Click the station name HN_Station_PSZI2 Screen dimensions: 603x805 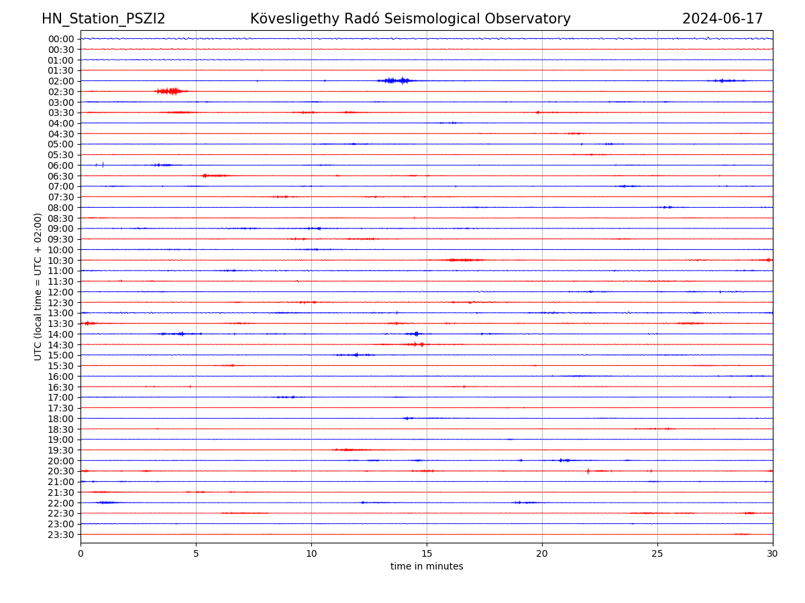point(103,19)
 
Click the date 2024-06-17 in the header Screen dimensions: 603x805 point(722,19)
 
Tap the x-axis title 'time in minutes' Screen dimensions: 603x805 point(427,566)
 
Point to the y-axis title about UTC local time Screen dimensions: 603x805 point(38,286)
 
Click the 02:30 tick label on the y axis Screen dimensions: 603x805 point(61,92)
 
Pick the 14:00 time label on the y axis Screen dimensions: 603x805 point(61,334)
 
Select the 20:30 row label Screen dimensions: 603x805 point(61,472)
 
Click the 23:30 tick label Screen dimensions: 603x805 point(61,535)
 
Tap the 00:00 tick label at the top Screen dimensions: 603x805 point(61,39)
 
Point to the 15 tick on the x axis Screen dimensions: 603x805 point(427,553)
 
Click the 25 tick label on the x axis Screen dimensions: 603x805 point(657,553)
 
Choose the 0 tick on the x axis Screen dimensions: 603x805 point(80,553)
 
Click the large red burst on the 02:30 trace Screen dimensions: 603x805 point(171,91)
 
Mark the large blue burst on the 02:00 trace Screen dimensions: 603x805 point(397,80)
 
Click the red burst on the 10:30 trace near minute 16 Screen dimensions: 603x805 point(463,260)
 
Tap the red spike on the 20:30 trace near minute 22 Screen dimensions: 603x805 point(588,471)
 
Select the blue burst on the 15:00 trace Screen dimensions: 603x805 point(355,355)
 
